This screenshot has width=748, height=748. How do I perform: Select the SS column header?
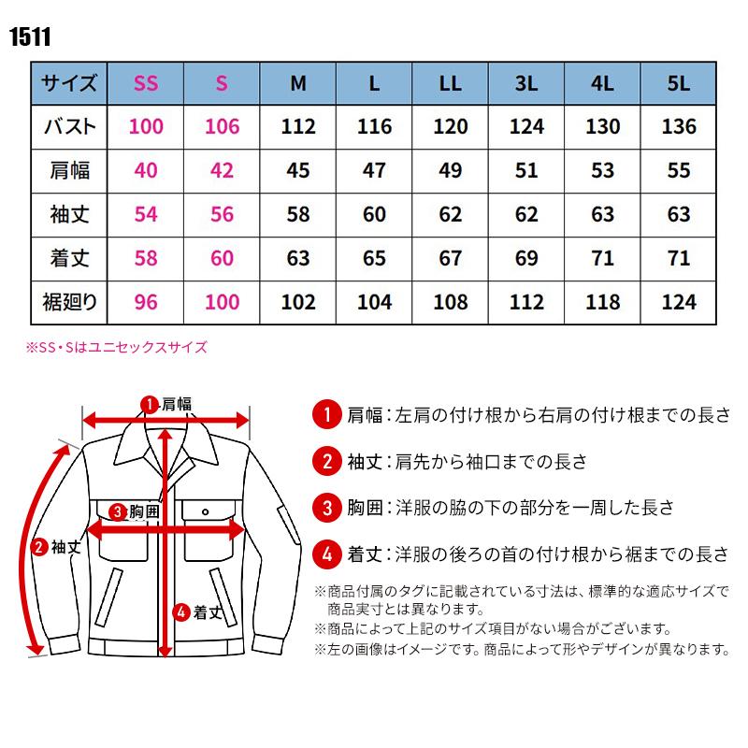coord(146,83)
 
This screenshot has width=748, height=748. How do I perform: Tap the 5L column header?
coord(679,83)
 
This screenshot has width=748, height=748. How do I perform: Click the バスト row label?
coord(70,126)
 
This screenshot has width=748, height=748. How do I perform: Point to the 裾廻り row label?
coord(70,301)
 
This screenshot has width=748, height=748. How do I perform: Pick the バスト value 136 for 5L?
coord(679,126)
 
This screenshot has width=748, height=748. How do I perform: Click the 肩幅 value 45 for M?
coord(298,170)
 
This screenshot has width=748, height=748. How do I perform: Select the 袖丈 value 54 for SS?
coord(146,214)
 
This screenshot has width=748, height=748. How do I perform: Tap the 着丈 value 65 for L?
coord(374,258)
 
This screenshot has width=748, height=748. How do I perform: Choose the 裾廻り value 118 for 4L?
coord(602,301)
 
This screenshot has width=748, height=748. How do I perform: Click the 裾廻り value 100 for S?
coord(222,301)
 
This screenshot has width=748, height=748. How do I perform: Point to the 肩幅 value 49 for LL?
coord(450,170)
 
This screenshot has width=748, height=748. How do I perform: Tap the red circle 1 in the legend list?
coord(325,414)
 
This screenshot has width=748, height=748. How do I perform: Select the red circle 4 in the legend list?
coord(325,554)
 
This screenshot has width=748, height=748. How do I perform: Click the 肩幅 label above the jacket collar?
coord(176,405)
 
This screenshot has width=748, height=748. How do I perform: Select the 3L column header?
coord(526,83)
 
